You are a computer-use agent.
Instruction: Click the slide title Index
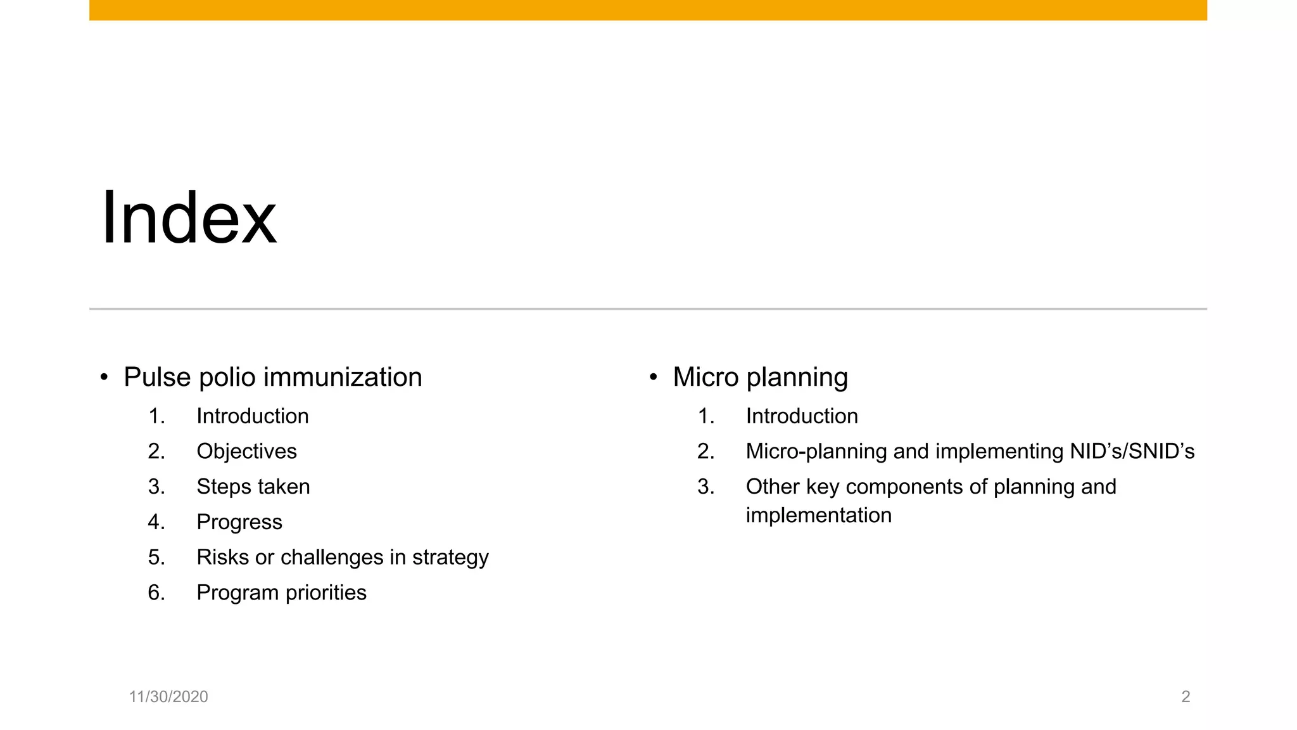pyautogui.click(x=189, y=218)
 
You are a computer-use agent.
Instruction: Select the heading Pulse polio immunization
pyautogui.click(x=272, y=377)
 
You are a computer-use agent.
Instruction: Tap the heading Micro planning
pyautogui.click(x=760, y=377)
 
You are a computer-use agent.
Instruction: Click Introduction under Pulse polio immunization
pyautogui.click(x=252, y=416)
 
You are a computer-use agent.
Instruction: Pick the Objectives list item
pyautogui.click(x=246, y=452)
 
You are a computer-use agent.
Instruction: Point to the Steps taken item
pyautogui.click(x=253, y=487)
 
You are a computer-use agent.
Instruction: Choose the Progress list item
pyautogui.click(x=239, y=522)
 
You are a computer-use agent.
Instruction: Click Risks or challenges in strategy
pyautogui.click(x=342, y=558)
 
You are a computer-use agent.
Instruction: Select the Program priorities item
pyautogui.click(x=281, y=593)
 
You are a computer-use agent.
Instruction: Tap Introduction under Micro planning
pyautogui.click(x=802, y=416)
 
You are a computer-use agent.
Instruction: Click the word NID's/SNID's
pyautogui.click(x=1132, y=452)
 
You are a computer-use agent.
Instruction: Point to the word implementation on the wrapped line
pyautogui.click(x=818, y=516)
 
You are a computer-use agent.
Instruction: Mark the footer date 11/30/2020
pyautogui.click(x=168, y=697)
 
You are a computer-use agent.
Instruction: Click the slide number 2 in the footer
pyautogui.click(x=1186, y=697)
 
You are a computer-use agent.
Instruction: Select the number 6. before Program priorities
pyautogui.click(x=156, y=593)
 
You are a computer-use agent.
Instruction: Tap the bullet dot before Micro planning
pyautogui.click(x=653, y=378)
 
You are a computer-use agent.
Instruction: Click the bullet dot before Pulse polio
pyautogui.click(x=104, y=378)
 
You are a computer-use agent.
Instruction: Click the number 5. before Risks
pyautogui.click(x=156, y=558)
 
